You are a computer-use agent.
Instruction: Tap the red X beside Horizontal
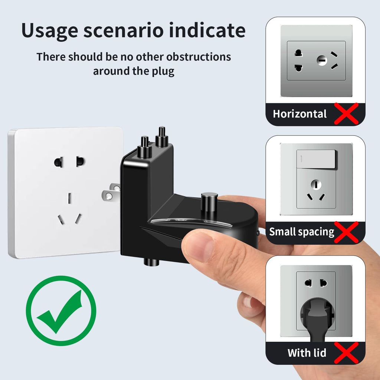coord(346,114)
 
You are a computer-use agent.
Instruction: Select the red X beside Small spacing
coord(346,232)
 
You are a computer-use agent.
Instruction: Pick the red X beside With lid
coord(346,353)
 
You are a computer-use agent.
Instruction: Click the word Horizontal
coord(300,114)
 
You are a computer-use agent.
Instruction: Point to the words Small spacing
coord(302,232)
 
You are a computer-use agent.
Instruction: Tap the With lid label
coord(307,353)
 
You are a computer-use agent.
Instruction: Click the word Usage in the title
coord(50,31)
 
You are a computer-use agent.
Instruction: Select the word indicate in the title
coord(207,30)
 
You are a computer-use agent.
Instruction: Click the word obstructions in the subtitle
coord(199,57)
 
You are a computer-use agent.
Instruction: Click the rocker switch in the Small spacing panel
coord(316,159)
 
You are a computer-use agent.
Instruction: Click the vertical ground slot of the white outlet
coord(69,198)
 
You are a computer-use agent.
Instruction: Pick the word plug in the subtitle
coord(163,72)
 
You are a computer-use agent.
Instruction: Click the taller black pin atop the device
coord(162,137)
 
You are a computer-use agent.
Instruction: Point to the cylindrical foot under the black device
coord(151,262)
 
